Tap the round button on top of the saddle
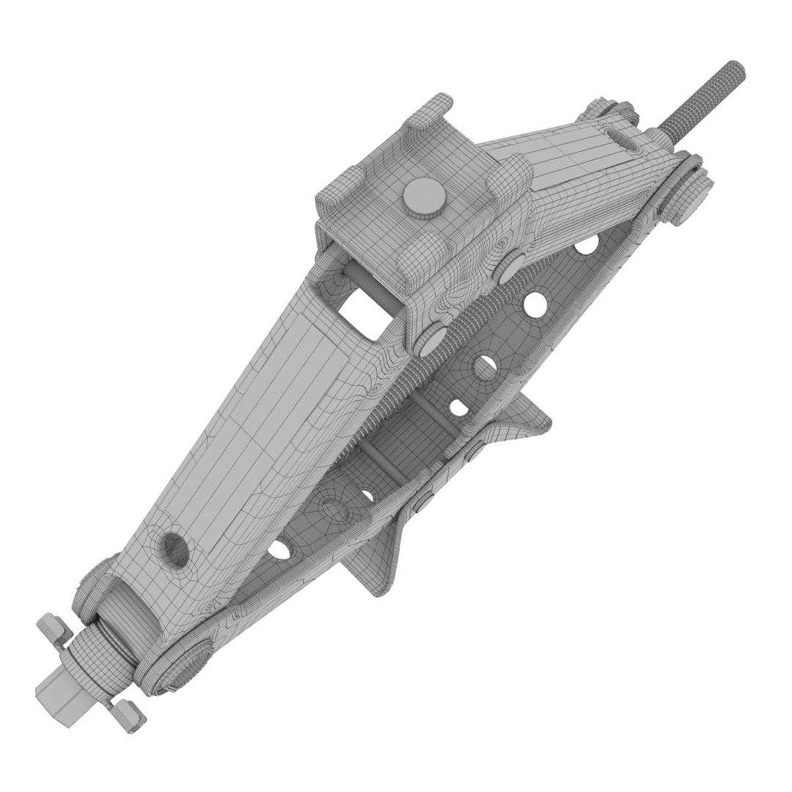point(419,198)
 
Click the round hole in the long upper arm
point(174,546)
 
